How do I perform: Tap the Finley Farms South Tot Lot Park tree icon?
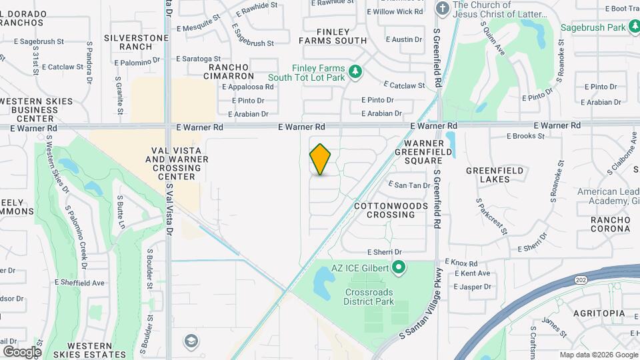(355, 70)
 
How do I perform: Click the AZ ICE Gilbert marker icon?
(399, 269)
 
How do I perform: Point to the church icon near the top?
(441, 9)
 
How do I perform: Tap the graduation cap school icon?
(191, 341)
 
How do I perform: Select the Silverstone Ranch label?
(136, 42)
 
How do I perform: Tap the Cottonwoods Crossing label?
(391, 210)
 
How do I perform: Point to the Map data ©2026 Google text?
(598, 355)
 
